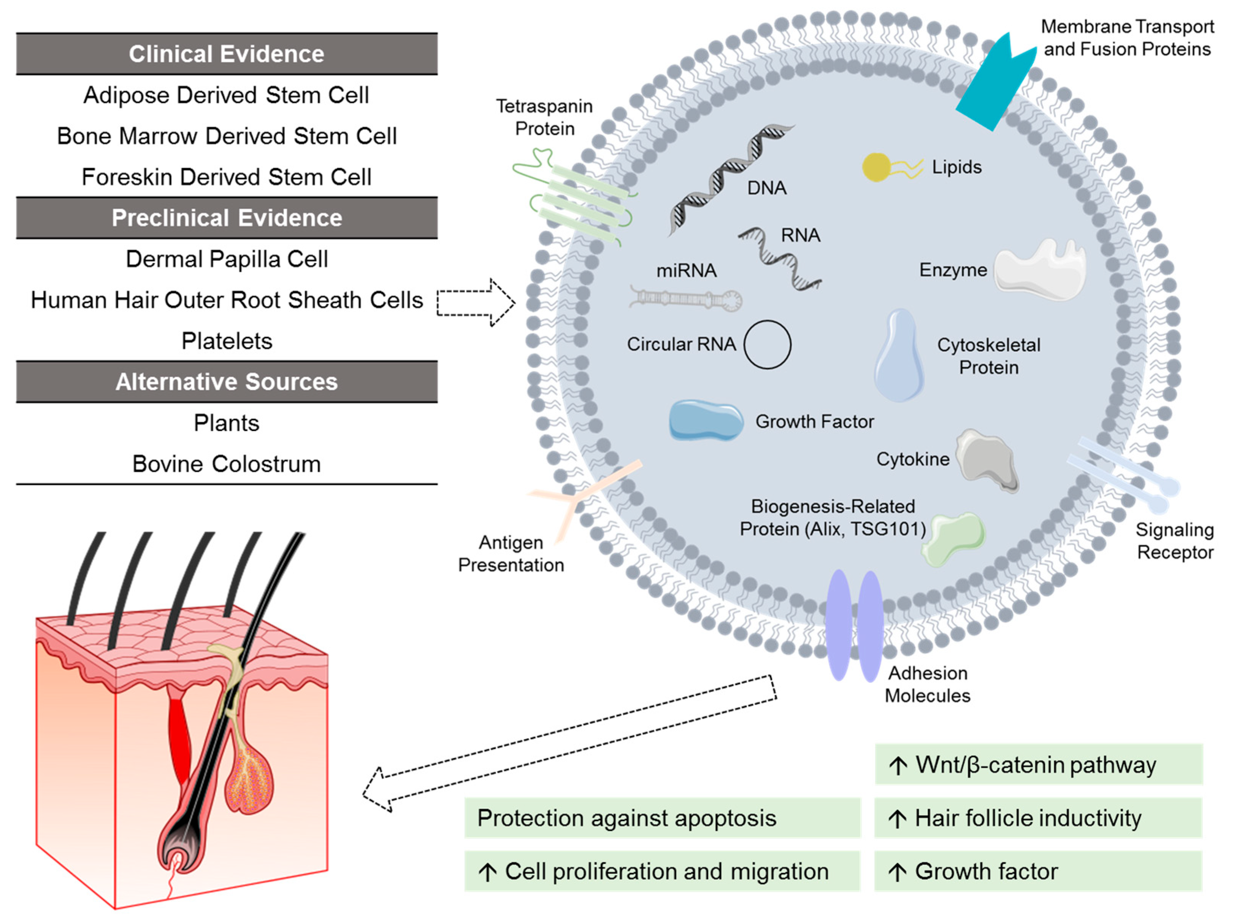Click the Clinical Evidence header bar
(226, 54)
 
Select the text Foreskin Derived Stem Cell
(226, 177)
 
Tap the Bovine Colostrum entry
(226, 464)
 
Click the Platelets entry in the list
(226, 341)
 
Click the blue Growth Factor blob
(706, 420)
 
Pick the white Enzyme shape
(1039, 270)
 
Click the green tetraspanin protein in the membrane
(580, 201)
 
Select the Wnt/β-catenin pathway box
(1038, 764)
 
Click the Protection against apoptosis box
(661, 818)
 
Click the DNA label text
(766, 189)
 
